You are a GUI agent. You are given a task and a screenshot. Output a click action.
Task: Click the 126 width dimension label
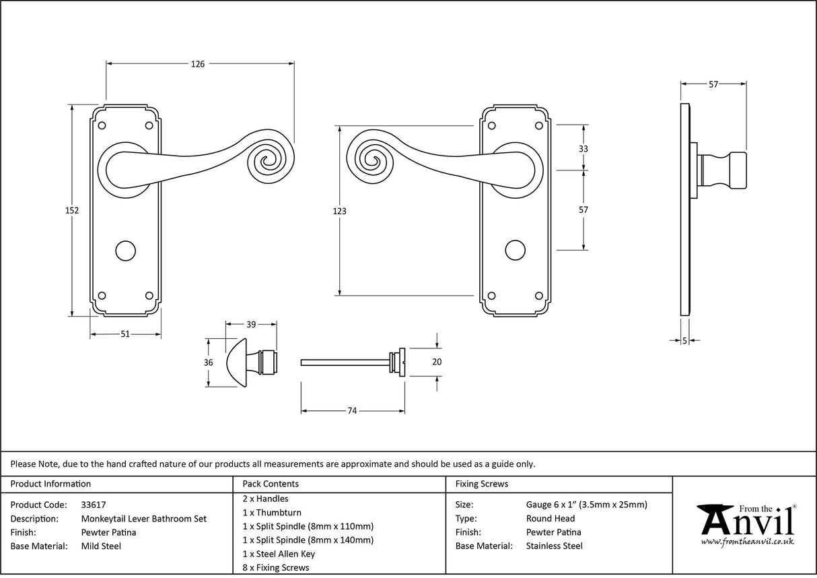[x=197, y=64]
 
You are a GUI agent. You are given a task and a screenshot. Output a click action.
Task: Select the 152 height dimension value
[x=73, y=210]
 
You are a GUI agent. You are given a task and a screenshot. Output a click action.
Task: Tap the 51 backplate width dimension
[x=125, y=334]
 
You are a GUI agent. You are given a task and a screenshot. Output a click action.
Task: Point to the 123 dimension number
[x=339, y=211]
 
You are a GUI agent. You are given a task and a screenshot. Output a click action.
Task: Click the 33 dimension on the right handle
[x=583, y=148]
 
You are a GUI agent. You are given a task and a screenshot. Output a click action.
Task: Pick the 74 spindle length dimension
[x=352, y=410]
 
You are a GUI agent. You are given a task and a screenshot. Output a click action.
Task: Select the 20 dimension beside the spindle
[x=437, y=362]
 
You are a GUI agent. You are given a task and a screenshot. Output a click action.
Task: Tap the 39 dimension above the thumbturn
[x=251, y=325]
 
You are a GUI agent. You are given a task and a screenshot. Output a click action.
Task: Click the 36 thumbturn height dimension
[x=209, y=362]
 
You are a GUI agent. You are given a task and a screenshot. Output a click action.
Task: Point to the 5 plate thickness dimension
[x=684, y=341]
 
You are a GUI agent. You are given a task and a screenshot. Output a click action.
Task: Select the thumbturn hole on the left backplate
[x=125, y=251]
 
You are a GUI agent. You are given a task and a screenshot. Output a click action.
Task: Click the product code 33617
[x=93, y=504]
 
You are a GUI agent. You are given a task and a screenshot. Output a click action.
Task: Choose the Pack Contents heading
[x=271, y=484]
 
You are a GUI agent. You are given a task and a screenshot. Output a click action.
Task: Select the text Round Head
[x=550, y=518]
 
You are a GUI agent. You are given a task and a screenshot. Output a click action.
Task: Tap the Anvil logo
[x=746, y=524]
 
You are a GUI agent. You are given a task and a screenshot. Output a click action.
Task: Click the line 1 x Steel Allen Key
[x=279, y=554]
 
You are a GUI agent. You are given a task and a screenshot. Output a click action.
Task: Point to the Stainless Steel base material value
[x=554, y=546]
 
